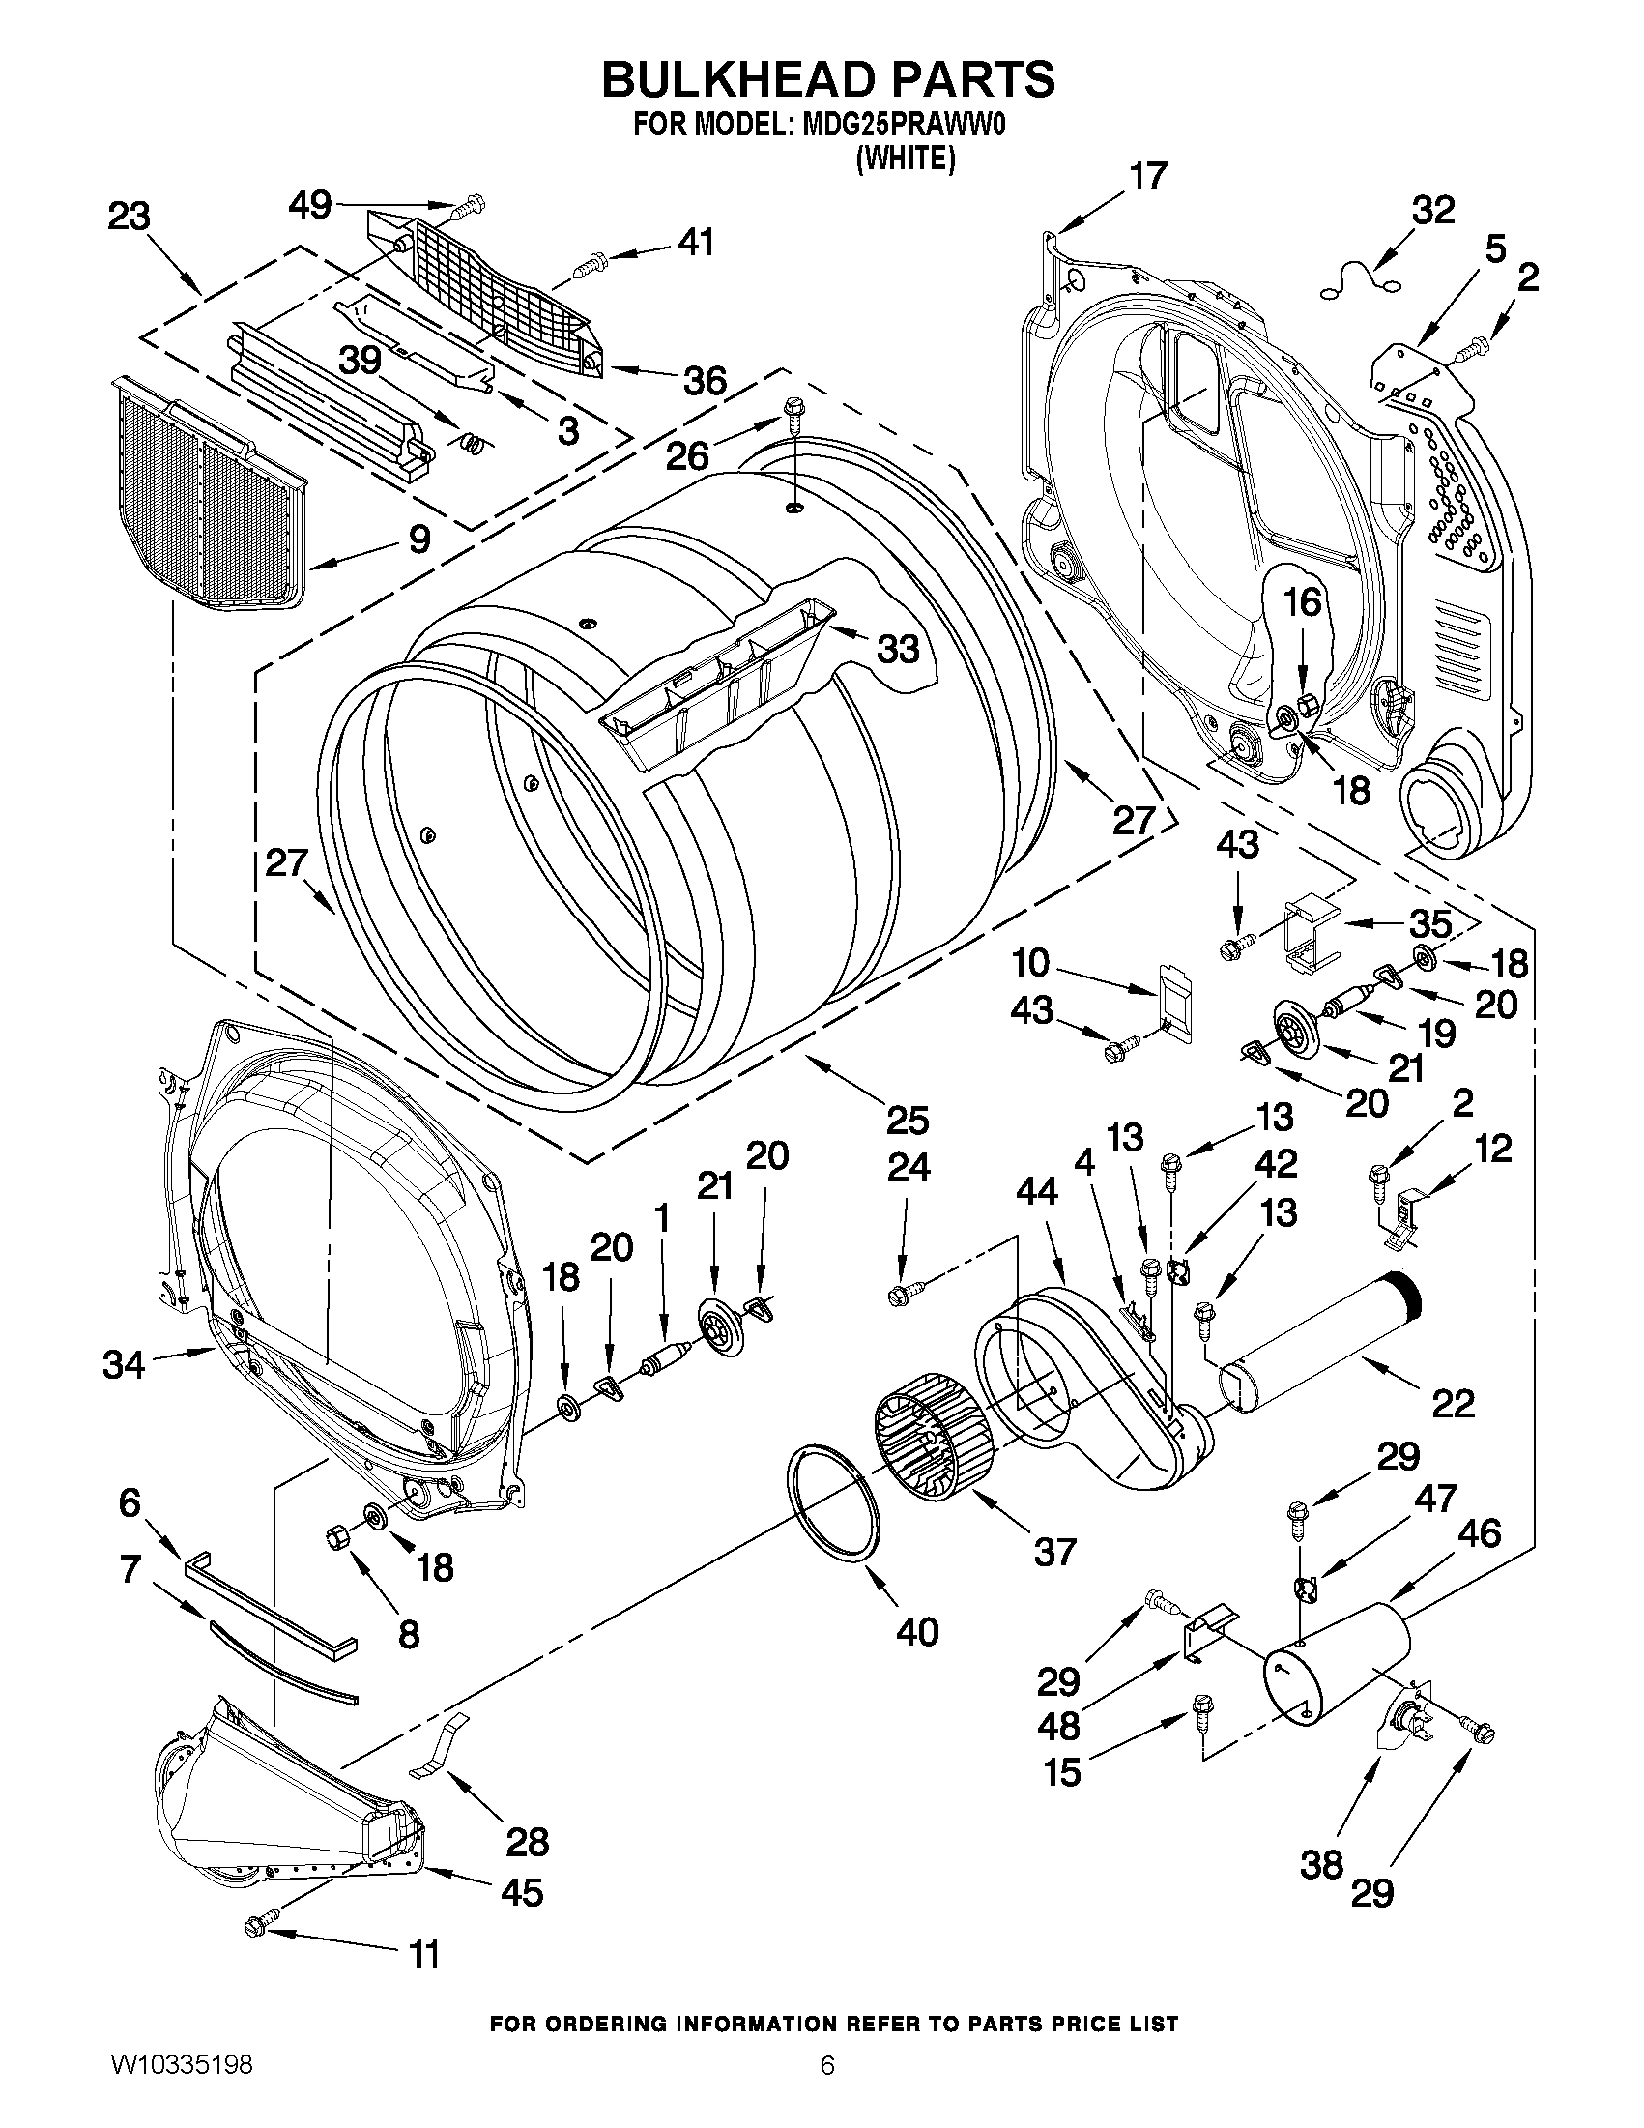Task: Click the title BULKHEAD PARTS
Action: point(828,80)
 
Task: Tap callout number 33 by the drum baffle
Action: point(897,648)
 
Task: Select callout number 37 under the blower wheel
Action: point(1054,1551)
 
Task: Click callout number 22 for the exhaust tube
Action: point(1453,1403)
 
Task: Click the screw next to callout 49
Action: point(472,205)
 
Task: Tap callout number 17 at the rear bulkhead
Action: point(1147,177)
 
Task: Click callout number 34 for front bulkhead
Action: point(124,1365)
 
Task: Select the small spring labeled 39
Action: point(472,444)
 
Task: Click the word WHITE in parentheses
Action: point(905,159)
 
